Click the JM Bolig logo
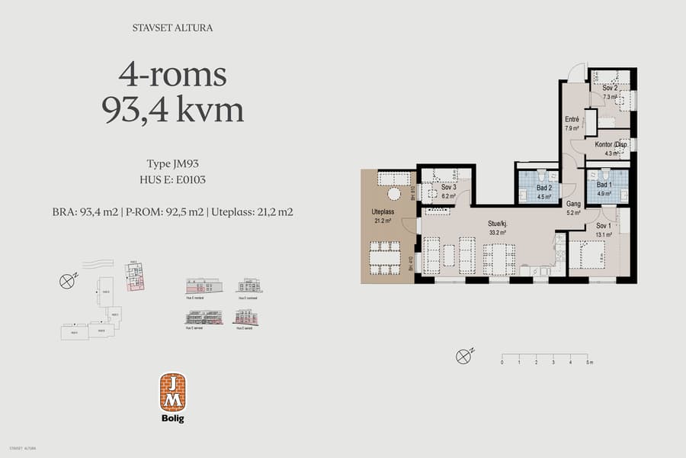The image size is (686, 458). point(172,397)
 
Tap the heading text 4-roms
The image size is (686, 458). point(172,75)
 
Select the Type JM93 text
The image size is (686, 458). point(172,163)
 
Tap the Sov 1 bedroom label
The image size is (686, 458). point(603,227)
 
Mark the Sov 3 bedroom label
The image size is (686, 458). point(448,188)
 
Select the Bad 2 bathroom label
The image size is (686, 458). point(543,188)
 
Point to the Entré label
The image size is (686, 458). point(572,120)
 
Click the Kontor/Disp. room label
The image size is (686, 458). point(610,145)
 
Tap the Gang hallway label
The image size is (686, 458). point(574,205)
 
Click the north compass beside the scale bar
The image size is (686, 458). point(462,356)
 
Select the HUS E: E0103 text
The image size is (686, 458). point(172,180)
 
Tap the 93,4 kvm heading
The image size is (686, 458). point(172,110)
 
